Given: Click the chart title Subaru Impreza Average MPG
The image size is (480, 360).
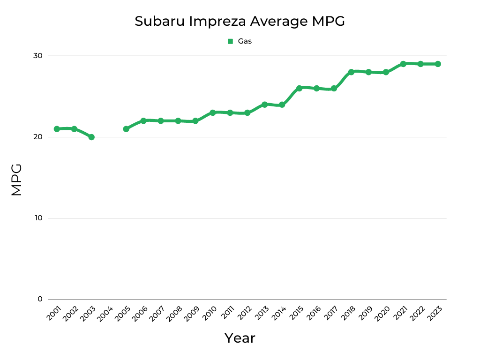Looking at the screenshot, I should [x=240, y=21].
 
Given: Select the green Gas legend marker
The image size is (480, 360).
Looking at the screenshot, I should [x=230, y=41].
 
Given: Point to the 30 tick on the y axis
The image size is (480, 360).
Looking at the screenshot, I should [x=37, y=56].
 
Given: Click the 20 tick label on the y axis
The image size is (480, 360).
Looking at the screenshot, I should [x=37, y=137].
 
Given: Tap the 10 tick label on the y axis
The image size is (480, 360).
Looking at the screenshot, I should [x=37, y=218].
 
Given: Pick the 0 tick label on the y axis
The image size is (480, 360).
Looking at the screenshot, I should [x=40, y=299].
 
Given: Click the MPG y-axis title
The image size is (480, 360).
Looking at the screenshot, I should [x=16, y=180].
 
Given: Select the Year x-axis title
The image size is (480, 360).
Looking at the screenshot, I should [x=240, y=338].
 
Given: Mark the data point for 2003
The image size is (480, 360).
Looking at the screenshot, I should [x=91, y=137].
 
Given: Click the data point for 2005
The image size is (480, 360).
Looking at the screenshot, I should [x=126, y=129].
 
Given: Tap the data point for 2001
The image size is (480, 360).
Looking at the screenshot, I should [x=57, y=129].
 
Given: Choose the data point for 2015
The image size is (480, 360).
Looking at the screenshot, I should [x=299, y=88].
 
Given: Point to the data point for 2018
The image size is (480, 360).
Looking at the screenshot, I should [x=351, y=72].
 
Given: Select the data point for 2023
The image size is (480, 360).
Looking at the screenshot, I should [x=438, y=64].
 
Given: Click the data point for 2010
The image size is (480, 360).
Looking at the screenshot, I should [x=212, y=112].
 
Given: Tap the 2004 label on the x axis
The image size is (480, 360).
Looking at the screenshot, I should [x=105, y=314].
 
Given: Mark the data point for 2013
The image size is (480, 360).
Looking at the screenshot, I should [x=264, y=105].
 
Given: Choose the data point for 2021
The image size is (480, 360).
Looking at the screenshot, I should [x=403, y=64].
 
